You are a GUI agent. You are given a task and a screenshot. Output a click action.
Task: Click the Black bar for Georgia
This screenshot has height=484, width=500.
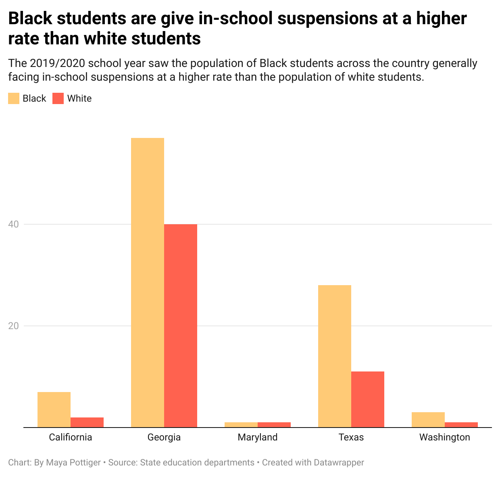[148, 282]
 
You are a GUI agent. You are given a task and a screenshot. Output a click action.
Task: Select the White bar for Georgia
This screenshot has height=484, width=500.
[181, 325]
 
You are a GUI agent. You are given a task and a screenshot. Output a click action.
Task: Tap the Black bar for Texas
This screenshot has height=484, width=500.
[335, 356]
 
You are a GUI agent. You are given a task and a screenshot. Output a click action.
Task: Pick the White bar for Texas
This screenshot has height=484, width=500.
[368, 399]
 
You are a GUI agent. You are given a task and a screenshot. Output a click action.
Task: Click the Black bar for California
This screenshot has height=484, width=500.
[54, 409]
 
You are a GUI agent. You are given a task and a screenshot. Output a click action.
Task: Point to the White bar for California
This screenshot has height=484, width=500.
[87, 422]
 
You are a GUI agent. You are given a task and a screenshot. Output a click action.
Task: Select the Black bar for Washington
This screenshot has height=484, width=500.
[428, 419]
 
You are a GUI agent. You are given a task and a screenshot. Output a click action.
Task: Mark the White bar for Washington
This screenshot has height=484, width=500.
[461, 425]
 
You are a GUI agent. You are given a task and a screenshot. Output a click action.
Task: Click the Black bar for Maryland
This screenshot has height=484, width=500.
[241, 425]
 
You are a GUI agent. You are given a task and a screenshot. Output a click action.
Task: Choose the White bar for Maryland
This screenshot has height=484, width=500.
[274, 425]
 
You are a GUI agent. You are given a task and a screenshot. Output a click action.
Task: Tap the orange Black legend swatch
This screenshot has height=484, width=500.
[14, 98]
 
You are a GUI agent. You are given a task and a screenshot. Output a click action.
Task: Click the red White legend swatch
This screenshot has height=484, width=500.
[58, 98]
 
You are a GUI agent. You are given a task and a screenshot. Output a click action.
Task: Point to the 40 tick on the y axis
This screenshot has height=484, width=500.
[14, 224]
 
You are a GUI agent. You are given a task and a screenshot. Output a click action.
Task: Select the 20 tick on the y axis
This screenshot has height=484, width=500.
[14, 326]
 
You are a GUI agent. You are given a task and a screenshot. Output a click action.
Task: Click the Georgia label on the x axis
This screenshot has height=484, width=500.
[164, 437]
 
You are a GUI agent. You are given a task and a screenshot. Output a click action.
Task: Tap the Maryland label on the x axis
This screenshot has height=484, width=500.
[258, 437]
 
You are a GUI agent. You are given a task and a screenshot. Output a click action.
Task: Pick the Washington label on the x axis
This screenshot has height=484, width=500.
[445, 437]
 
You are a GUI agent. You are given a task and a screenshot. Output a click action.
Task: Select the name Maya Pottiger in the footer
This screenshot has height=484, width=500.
[73, 463]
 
